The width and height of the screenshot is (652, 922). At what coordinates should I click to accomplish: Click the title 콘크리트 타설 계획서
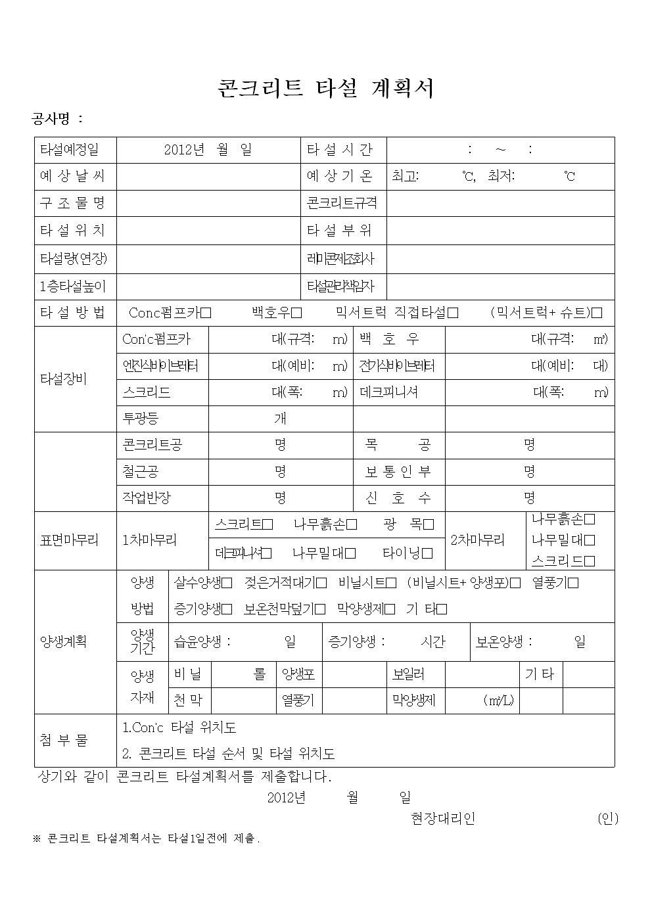325,88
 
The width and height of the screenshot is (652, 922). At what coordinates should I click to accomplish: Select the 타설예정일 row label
70,150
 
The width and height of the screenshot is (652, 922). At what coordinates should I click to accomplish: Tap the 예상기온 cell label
339,176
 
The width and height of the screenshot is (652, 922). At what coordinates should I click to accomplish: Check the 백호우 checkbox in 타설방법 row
296,313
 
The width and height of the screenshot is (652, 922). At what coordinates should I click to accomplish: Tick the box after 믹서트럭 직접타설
453,313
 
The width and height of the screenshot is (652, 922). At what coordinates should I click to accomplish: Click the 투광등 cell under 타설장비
141,419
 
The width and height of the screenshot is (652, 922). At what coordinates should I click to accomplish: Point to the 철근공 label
141,472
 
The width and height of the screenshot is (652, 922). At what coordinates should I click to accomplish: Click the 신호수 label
398,498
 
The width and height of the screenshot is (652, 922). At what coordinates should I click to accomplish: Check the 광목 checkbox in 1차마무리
429,524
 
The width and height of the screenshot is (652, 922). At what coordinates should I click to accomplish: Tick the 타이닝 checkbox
427,553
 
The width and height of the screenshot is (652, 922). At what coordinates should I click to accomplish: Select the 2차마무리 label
478,540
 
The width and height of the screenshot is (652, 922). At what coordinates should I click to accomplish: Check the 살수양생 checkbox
227,583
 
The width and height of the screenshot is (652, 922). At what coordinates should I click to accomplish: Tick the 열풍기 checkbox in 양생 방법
574,583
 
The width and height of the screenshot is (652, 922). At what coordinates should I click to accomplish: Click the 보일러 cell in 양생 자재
408,674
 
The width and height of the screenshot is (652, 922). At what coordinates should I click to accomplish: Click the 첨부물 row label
64,741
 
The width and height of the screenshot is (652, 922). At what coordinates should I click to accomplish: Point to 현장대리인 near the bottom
442,819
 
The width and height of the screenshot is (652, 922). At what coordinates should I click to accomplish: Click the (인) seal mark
608,819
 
